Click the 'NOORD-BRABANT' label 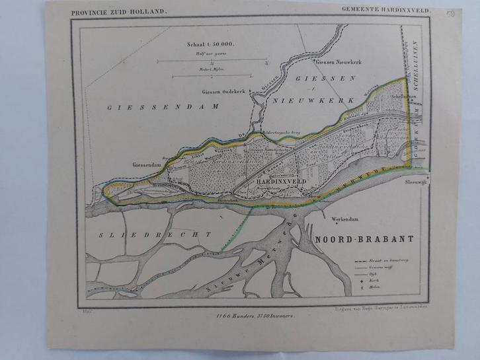(x=354, y=238)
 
